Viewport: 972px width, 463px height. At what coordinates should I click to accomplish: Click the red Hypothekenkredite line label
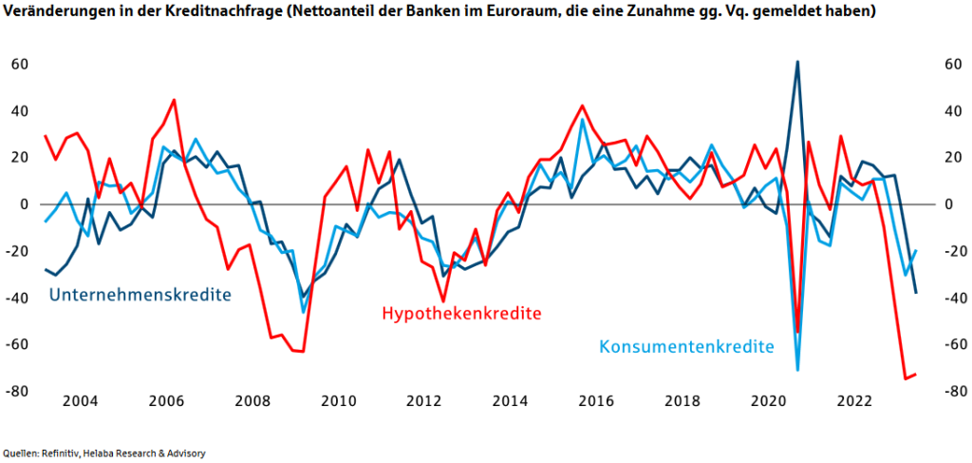coord(462,314)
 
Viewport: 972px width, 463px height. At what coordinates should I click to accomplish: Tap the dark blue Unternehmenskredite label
coord(140,294)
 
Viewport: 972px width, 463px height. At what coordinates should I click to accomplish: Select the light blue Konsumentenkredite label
coord(687,346)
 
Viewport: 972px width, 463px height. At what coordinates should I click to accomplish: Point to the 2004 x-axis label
coord(81,401)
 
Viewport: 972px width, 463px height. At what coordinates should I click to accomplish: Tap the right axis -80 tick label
coord(953,391)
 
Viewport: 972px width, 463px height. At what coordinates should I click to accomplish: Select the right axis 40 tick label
coord(954,111)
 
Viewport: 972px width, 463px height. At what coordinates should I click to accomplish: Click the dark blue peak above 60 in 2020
coord(797,62)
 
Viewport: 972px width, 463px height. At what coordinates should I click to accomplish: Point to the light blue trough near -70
coord(797,371)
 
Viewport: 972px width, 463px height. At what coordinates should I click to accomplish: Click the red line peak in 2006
coord(175,100)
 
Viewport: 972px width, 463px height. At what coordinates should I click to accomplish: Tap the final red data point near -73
coord(916,375)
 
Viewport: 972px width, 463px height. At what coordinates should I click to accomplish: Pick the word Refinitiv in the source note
coord(60,453)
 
